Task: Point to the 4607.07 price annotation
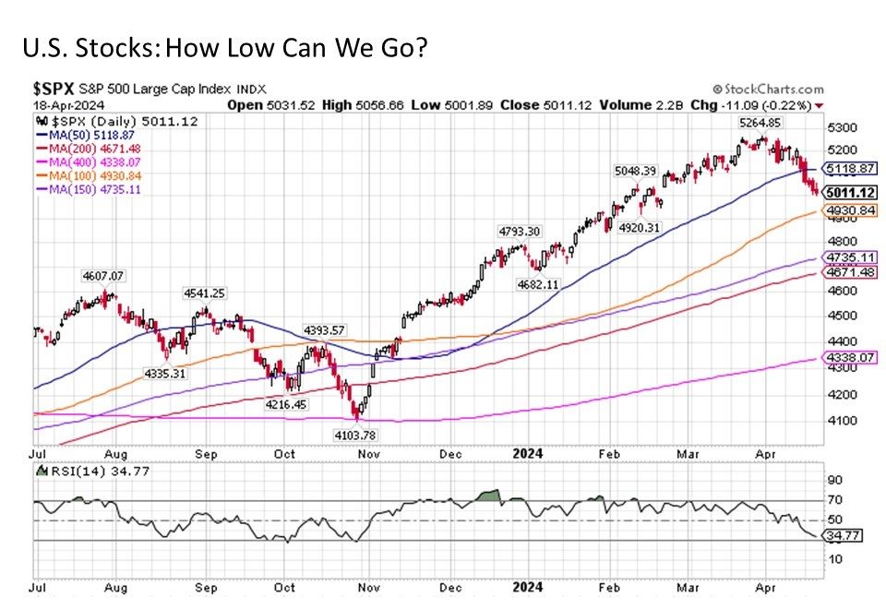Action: click(x=103, y=275)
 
